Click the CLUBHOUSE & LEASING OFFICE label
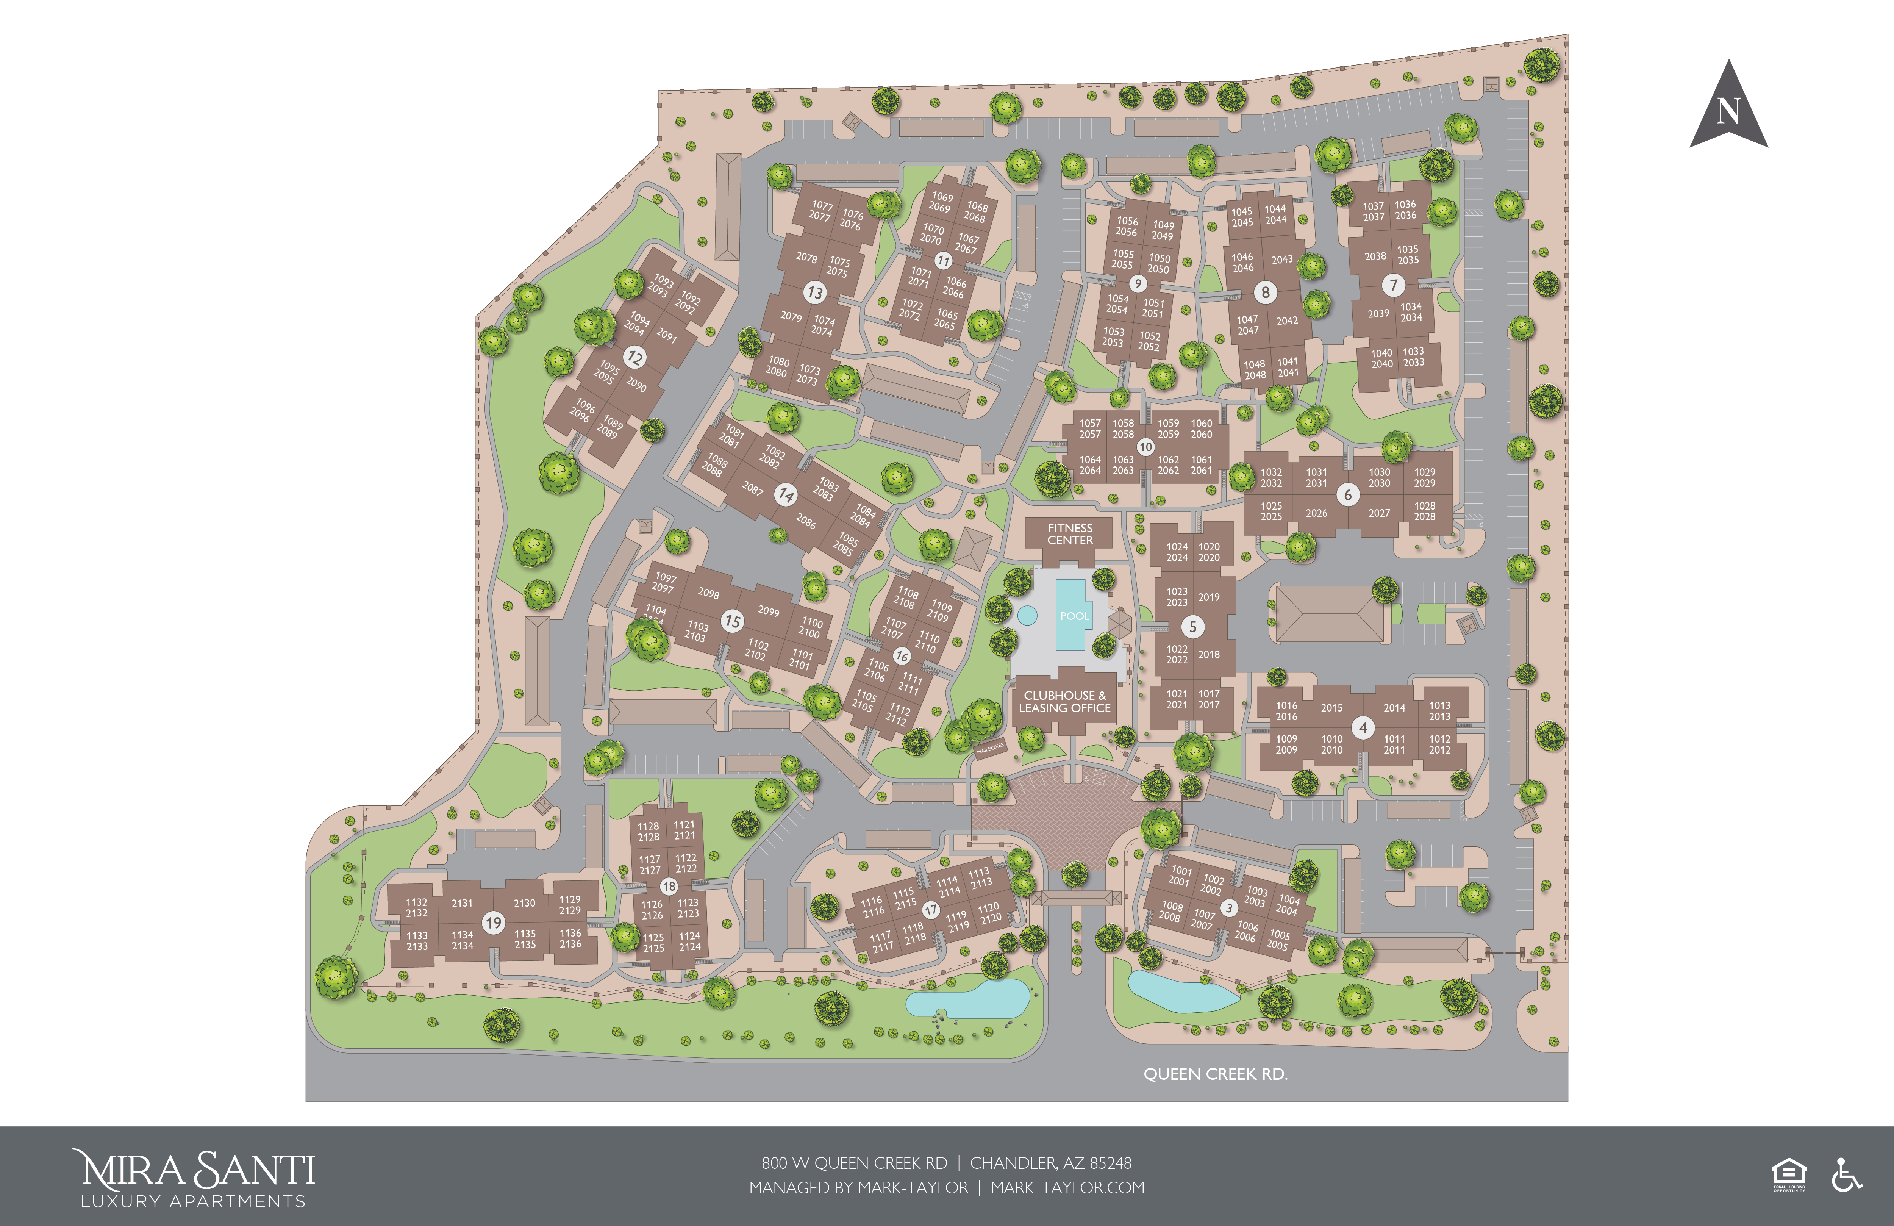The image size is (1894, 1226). (1065, 701)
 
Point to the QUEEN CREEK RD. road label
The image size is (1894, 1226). (1215, 1074)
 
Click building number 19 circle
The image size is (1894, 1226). (494, 923)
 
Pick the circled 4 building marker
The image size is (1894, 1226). (1363, 728)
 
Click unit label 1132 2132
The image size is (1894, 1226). (416, 907)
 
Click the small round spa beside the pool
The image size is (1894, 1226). (1027, 615)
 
